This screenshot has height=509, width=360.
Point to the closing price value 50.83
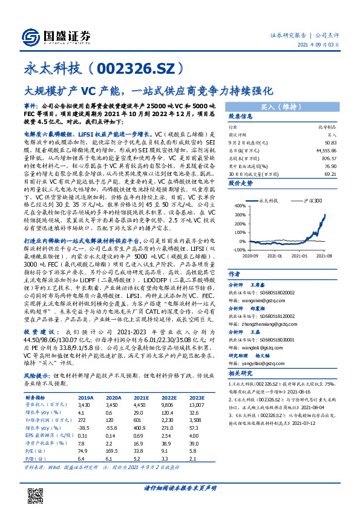click(x=330, y=140)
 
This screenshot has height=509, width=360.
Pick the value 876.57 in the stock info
click(x=329, y=156)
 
